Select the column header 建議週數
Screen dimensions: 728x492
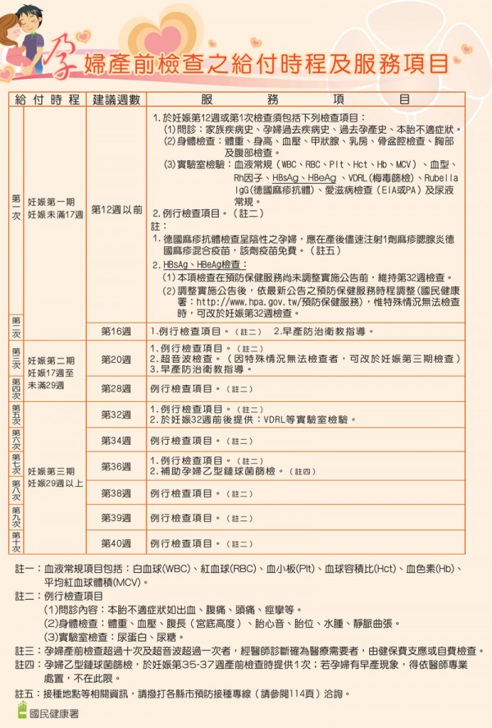click(x=116, y=99)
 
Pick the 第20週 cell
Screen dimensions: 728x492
click(x=116, y=359)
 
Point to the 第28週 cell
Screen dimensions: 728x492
click(x=116, y=387)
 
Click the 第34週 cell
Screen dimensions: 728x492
click(x=116, y=440)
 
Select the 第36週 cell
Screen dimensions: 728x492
click(x=116, y=466)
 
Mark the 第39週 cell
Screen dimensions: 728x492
click(x=116, y=518)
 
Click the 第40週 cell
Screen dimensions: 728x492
click(x=116, y=543)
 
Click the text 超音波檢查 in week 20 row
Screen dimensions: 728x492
click(x=188, y=359)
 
